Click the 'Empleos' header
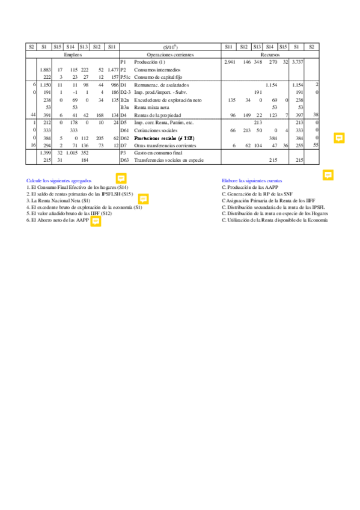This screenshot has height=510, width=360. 73,54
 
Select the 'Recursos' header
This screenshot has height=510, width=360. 270,54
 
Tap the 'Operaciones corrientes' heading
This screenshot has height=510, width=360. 170,54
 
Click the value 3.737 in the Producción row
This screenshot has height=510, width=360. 297,62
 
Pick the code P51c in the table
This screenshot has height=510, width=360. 125,77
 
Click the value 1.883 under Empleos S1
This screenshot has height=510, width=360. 45,70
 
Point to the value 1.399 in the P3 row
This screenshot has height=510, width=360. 45,153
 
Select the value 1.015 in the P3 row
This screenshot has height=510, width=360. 72,153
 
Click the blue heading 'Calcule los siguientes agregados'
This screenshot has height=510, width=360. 59,180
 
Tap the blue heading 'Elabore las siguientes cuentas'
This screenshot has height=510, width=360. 252,180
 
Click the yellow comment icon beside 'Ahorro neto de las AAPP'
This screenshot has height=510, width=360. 95,221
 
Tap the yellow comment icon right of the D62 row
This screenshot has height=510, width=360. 339,138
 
